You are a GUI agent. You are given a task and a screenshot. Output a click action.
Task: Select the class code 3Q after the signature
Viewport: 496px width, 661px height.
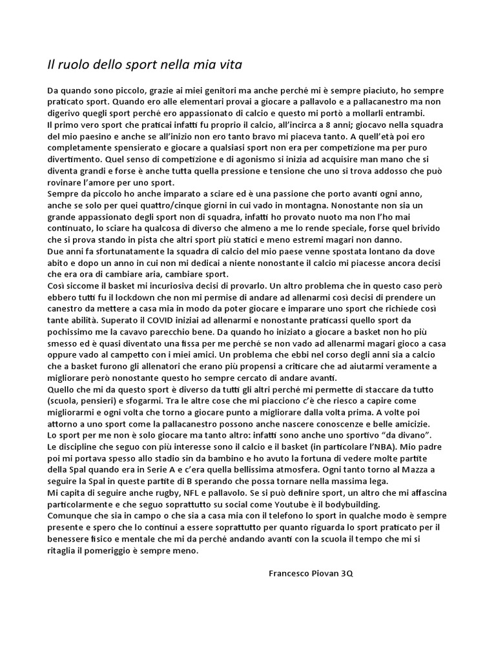(x=347, y=573)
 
